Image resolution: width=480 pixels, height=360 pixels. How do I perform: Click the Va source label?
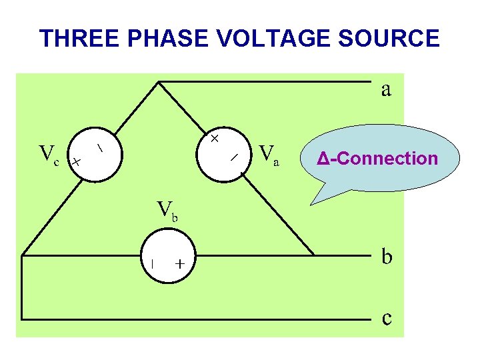tap(269, 155)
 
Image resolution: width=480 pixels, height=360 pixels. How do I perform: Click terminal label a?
tap(386, 89)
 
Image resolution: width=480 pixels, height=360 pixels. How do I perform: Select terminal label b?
tap(387, 257)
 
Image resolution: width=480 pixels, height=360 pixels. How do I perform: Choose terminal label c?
tap(387, 318)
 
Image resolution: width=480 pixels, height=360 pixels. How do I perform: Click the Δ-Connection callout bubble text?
tap(377, 159)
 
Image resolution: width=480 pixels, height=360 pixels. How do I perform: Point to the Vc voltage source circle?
tap(93, 154)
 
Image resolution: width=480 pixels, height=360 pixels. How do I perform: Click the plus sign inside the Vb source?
tap(180, 264)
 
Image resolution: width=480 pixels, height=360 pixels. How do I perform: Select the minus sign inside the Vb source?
tap(152, 263)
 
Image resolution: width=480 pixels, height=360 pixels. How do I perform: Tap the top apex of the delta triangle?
tap(158, 82)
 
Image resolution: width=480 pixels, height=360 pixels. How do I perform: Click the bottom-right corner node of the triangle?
tap(314, 255)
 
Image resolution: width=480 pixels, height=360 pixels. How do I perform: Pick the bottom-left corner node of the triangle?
tap(22, 255)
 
